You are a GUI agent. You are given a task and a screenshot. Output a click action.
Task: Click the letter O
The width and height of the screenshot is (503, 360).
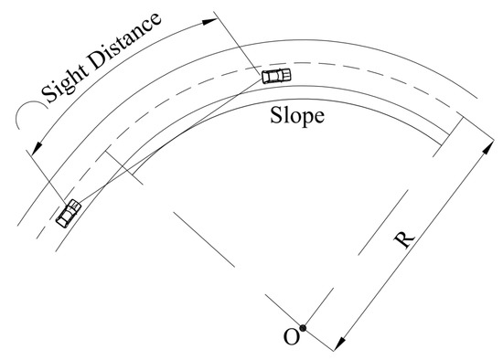291,337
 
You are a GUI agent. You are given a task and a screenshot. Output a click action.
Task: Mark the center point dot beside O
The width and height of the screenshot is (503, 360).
304,328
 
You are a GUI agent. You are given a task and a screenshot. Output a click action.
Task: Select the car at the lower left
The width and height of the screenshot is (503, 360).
69,214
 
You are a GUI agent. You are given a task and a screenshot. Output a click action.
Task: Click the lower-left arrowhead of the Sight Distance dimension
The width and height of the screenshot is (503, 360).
34,148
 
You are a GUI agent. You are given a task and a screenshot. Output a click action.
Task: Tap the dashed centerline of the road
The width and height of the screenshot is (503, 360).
366,69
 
